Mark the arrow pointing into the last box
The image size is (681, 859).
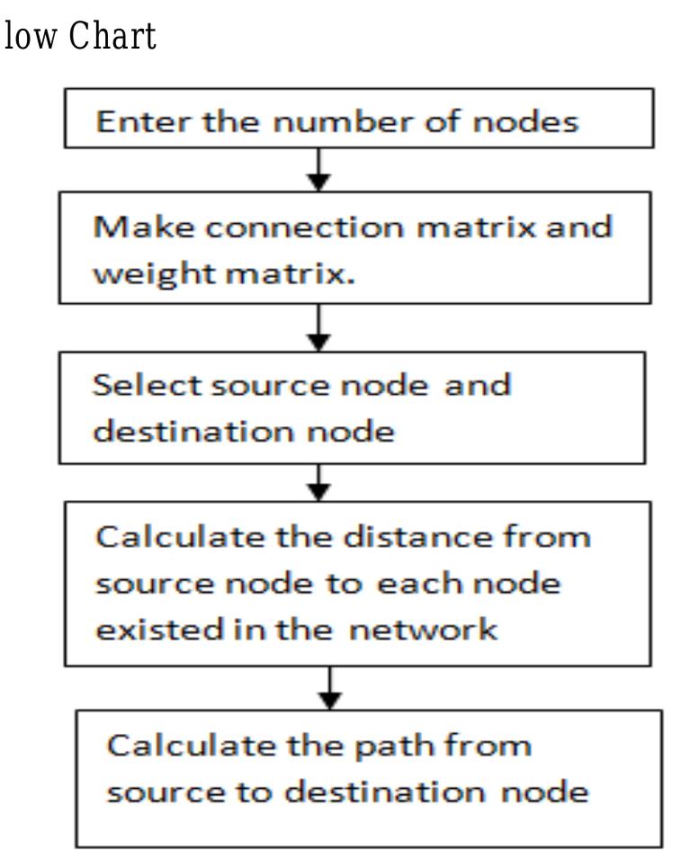(332, 688)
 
